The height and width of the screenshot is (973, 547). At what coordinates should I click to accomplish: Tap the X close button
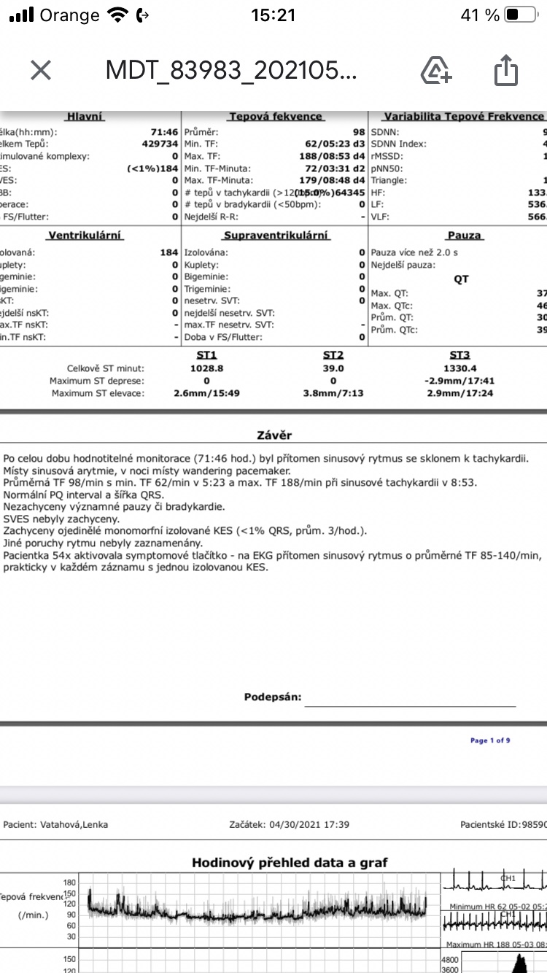(41, 70)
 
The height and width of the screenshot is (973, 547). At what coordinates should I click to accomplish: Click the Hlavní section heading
(85, 117)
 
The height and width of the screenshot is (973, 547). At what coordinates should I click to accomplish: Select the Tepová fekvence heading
(275, 117)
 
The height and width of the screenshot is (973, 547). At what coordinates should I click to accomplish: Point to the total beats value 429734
(160, 144)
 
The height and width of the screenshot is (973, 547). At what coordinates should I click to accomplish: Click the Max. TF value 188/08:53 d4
(334, 156)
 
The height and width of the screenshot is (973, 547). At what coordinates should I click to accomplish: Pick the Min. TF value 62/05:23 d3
(334, 144)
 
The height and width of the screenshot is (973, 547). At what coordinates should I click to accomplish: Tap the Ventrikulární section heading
(85, 236)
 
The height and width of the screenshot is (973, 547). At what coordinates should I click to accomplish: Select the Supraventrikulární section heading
(276, 236)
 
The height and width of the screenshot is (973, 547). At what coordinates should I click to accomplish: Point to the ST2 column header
(333, 354)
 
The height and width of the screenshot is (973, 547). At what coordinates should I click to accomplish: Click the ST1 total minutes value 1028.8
(206, 368)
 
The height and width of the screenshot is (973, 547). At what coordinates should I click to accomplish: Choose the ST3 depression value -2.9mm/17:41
(459, 381)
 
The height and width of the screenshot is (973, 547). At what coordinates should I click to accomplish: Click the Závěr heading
(274, 435)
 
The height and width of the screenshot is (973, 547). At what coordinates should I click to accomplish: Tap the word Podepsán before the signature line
(272, 697)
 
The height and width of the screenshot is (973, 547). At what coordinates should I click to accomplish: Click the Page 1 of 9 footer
(490, 740)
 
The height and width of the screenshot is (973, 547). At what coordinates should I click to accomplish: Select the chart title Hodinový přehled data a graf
(290, 863)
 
